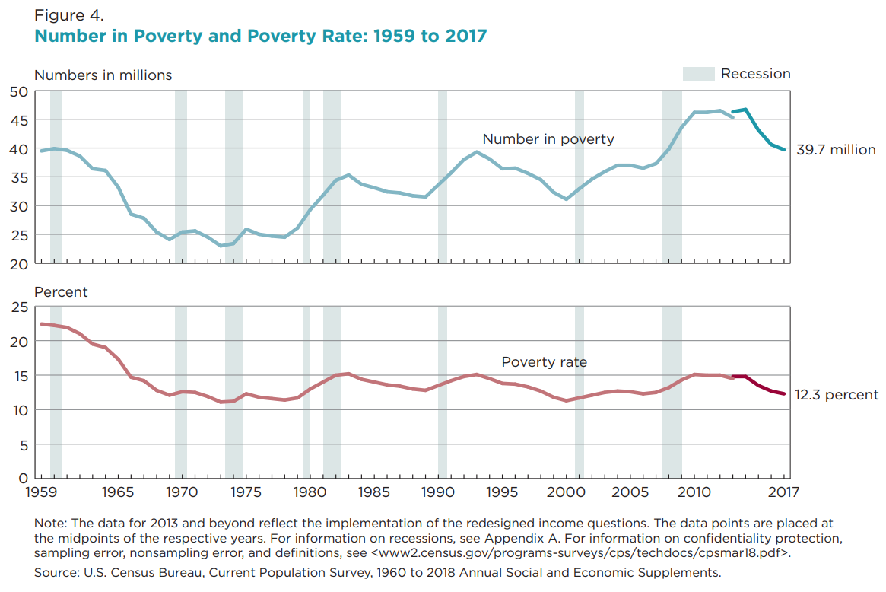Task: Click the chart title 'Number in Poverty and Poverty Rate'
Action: point(260,36)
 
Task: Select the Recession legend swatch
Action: point(698,74)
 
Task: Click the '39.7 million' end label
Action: point(836,150)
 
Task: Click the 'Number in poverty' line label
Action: point(548,139)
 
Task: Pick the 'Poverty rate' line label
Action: point(544,362)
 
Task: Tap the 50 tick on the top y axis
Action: point(19,91)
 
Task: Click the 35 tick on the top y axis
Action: point(19,177)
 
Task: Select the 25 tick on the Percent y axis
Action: point(19,307)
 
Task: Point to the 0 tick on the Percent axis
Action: point(24,479)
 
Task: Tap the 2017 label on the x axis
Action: point(783,493)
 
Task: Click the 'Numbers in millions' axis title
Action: point(103,75)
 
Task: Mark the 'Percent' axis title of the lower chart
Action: point(61,292)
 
